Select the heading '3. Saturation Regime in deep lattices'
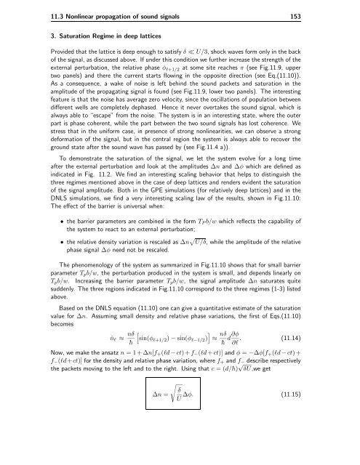(83, 33)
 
